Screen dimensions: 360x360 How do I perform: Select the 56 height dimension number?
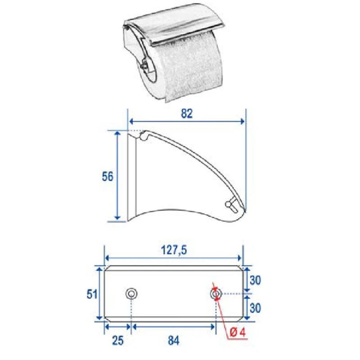point(107,176)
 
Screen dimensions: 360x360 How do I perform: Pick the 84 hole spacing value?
point(173,341)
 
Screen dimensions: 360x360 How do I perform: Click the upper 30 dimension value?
point(255,279)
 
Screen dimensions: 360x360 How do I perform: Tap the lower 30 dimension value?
point(255,308)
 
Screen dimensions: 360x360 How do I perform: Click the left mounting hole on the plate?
point(131,294)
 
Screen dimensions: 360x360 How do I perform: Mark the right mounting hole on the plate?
point(216,294)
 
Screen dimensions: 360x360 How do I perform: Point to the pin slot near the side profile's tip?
point(231,205)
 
